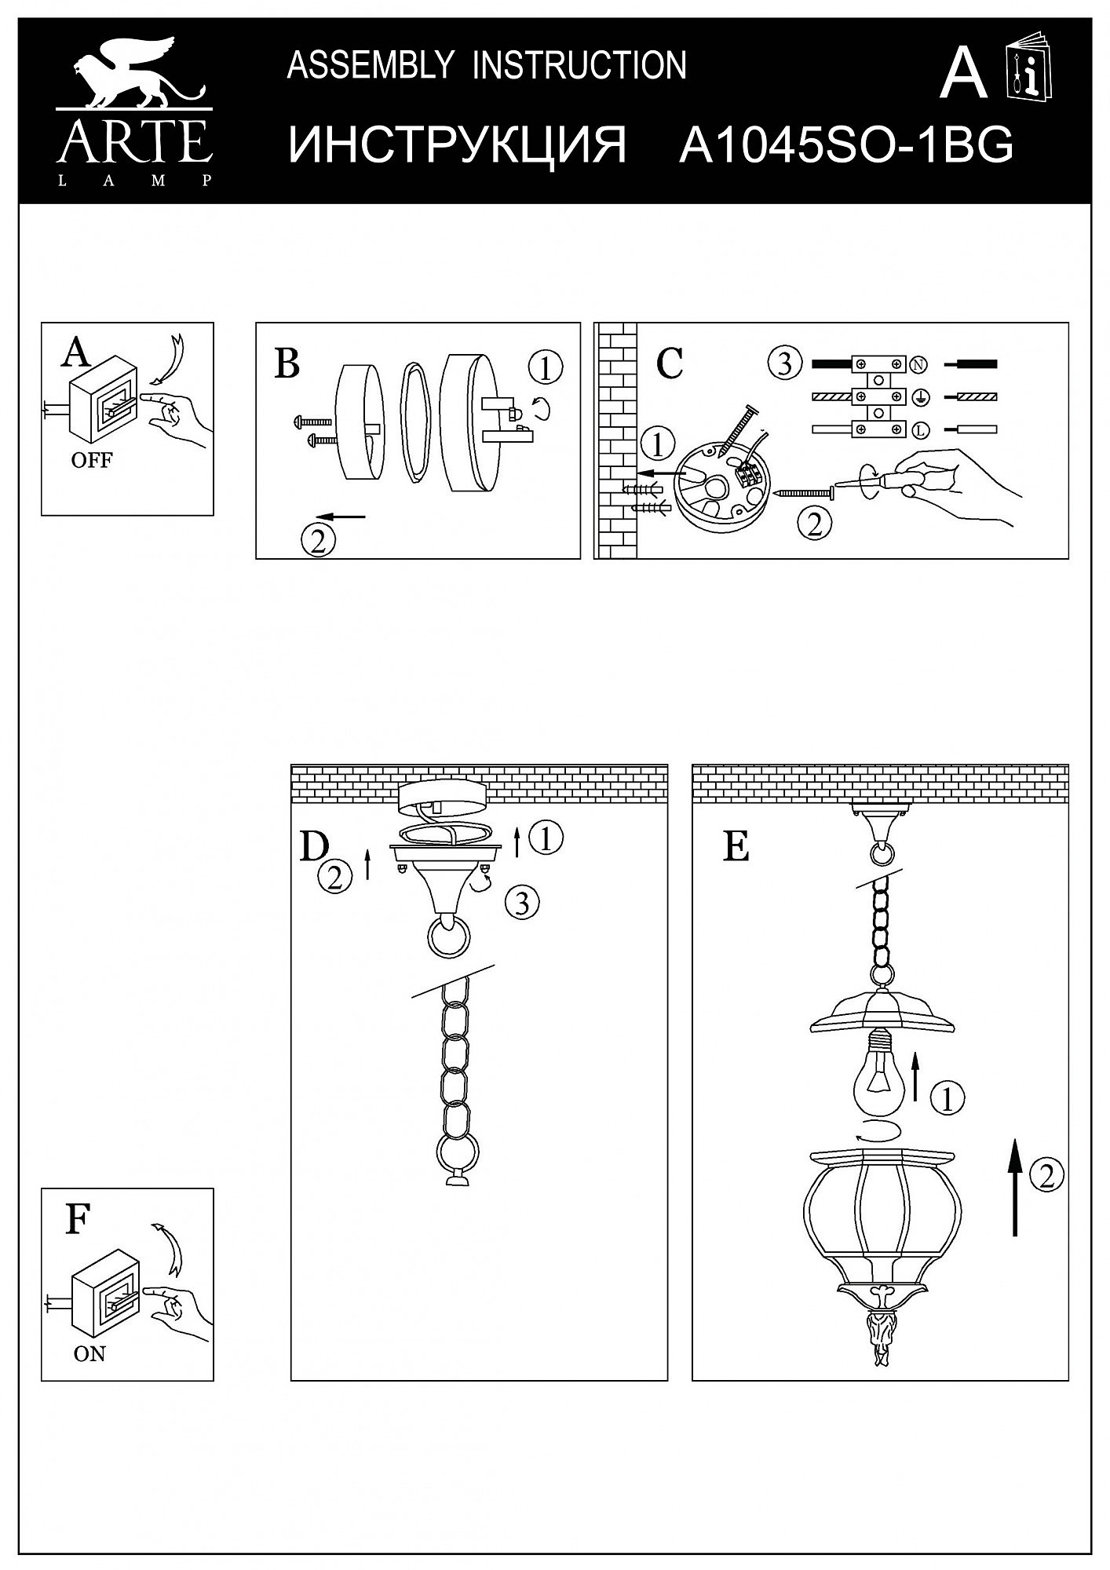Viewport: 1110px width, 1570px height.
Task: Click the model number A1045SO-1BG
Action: pos(846,145)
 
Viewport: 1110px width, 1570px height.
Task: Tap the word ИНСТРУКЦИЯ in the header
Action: pos(458,145)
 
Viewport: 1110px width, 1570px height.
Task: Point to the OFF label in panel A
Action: pos(92,461)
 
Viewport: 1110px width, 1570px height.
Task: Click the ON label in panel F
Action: pos(89,1354)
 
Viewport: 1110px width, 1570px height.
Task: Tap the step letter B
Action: pos(287,364)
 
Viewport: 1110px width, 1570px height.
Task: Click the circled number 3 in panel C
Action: pos(785,364)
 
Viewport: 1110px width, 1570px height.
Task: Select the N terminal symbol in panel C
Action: pos(918,364)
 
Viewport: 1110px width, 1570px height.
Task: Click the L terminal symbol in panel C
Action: pos(918,429)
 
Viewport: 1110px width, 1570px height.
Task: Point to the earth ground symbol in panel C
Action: pos(918,397)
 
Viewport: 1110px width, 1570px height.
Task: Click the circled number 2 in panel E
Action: pos(1046,1175)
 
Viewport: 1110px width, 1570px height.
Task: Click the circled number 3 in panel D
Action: pos(522,903)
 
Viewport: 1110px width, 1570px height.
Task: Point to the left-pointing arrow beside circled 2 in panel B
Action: pos(345,517)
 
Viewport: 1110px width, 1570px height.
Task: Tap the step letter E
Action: pos(736,848)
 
